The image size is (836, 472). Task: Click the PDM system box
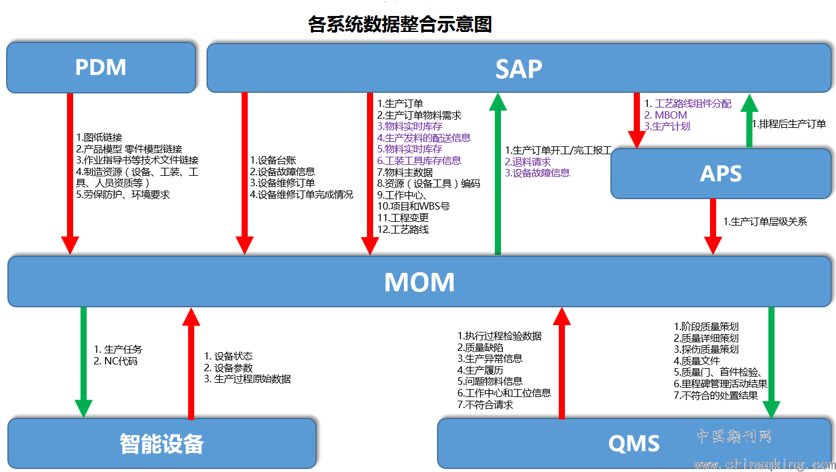tap(101, 68)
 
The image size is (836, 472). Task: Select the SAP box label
tap(519, 69)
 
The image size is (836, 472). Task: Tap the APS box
tap(721, 173)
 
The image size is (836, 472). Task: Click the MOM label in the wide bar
tap(419, 282)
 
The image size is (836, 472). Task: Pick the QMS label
tap(634, 444)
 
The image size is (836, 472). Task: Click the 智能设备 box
tap(162, 444)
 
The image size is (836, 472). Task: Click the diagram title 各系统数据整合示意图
tap(400, 24)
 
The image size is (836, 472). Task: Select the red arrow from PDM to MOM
tap(70, 174)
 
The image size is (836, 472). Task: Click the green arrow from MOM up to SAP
tap(498, 174)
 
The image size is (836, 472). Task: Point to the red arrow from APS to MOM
tap(713, 227)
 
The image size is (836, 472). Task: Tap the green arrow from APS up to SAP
tap(749, 120)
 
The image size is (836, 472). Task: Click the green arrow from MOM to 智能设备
tap(84, 363)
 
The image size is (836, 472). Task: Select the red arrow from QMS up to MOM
tap(562, 363)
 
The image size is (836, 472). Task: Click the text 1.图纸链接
tap(100, 137)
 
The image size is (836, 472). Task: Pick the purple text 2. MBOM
tap(666, 115)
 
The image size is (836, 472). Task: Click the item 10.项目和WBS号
tap(414, 206)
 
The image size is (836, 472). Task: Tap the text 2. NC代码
tap(116, 361)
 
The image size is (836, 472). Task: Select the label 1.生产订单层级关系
tap(765, 222)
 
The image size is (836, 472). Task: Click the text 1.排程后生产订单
tap(789, 124)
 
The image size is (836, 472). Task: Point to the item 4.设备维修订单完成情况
tap(301, 195)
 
